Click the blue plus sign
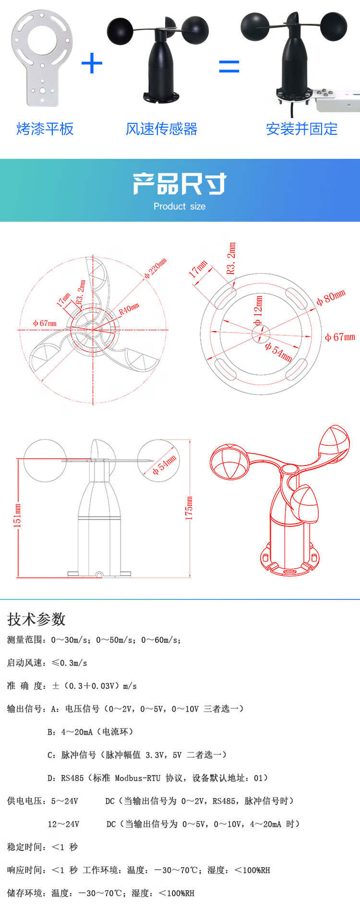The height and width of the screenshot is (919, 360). point(92,63)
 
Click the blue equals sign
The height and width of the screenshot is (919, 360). point(229,66)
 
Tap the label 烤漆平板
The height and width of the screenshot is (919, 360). point(45,129)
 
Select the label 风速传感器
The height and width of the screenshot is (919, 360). point(161,129)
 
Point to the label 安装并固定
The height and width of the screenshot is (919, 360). point(301,129)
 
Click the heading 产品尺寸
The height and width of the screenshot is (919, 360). point(180,184)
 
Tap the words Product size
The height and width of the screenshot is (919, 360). point(180,206)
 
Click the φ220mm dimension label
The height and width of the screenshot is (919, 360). point(156,268)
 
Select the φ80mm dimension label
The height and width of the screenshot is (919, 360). point(331,298)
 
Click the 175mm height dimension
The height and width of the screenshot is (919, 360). point(189,508)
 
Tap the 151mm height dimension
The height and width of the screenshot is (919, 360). point(17,515)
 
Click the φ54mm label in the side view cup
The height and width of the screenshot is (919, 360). point(164,465)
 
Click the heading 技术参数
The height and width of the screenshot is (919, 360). point(36,619)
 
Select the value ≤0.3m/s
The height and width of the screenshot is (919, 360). point(69,663)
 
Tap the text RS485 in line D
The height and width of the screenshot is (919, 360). point(72,778)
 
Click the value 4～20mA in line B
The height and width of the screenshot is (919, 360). point(77,732)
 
